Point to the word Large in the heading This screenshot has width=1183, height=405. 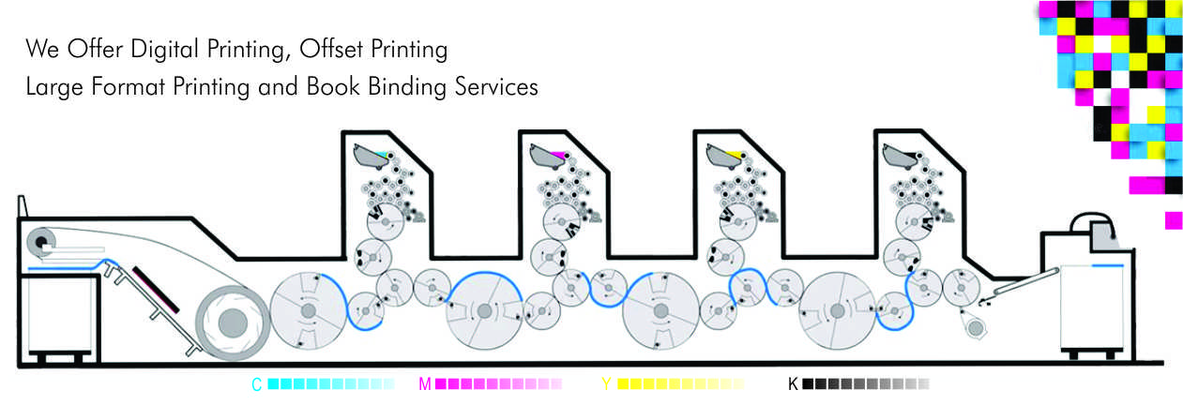[53, 87]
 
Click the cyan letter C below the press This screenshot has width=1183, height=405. [256, 384]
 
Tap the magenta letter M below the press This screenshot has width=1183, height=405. [425, 384]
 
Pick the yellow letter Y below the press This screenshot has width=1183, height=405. [606, 384]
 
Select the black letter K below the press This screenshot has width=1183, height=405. [793, 384]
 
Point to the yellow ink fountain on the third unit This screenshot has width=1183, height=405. [724, 154]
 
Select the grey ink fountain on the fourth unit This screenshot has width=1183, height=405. [902, 154]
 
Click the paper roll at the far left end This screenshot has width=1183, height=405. [41, 242]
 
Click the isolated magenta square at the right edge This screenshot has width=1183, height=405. [1173, 220]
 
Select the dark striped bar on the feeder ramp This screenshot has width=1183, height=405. [155, 290]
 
